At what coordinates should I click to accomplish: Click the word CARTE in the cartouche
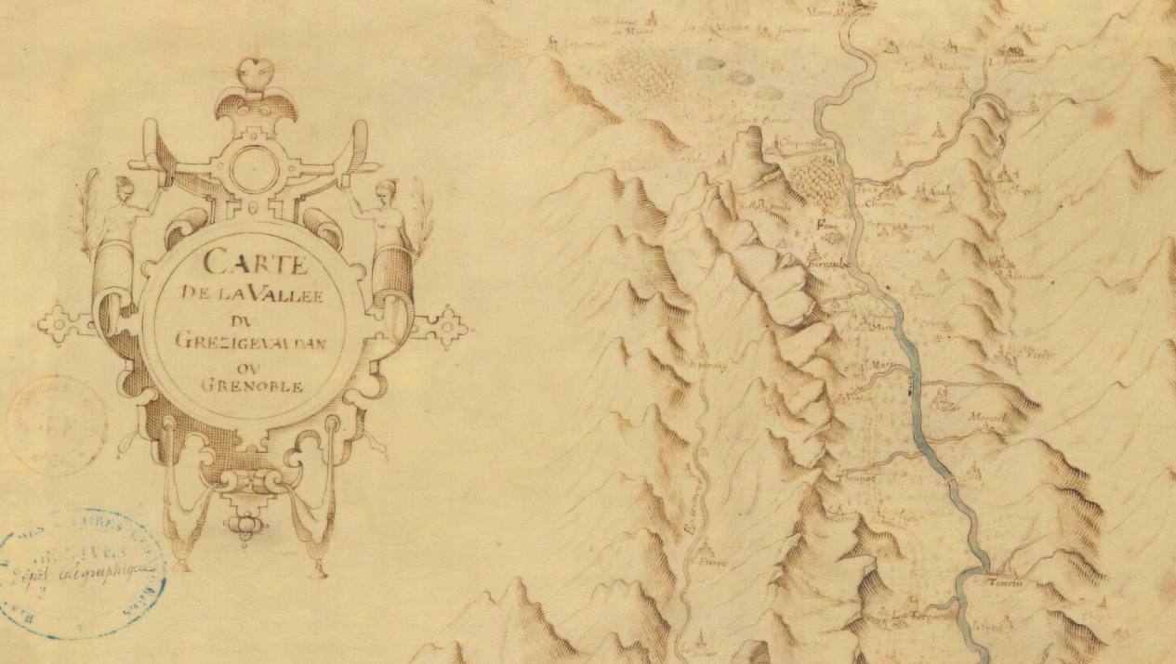(255, 262)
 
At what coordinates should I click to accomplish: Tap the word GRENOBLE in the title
(253, 386)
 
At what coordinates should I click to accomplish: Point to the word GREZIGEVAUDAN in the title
(253, 340)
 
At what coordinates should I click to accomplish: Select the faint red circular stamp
(56, 425)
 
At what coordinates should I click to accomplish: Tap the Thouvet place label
(854, 479)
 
